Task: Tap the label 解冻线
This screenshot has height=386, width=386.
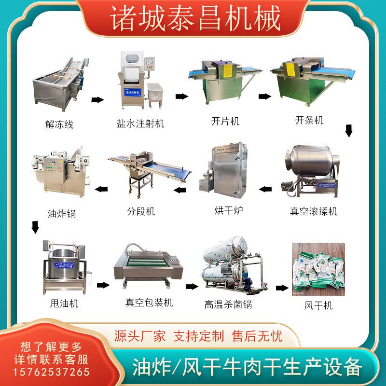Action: [59, 124]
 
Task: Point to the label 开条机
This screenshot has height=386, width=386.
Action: [309, 120]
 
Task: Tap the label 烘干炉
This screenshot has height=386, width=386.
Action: [228, 211]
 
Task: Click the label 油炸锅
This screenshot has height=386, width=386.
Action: [62, 213]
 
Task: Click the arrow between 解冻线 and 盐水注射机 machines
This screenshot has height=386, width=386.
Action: [97, 99]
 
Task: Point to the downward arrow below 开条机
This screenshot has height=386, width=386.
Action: [349, 130]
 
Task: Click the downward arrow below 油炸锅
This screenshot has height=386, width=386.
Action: [35, 226]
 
